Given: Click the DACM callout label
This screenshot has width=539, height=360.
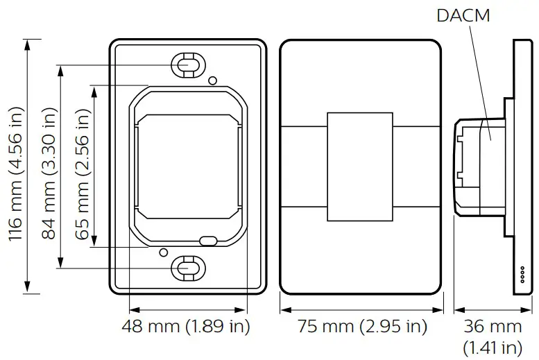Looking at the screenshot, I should tap(463, 15).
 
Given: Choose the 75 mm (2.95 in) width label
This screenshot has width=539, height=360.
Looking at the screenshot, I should tap(362, 326).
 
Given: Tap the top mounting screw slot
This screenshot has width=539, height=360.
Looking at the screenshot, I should tap(187, 65).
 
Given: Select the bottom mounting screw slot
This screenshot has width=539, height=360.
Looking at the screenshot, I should tap(187, 266).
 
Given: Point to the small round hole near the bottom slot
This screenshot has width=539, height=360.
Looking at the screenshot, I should tap(164, 252).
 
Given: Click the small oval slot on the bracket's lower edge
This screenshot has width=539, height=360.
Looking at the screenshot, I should tap(208, 241).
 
